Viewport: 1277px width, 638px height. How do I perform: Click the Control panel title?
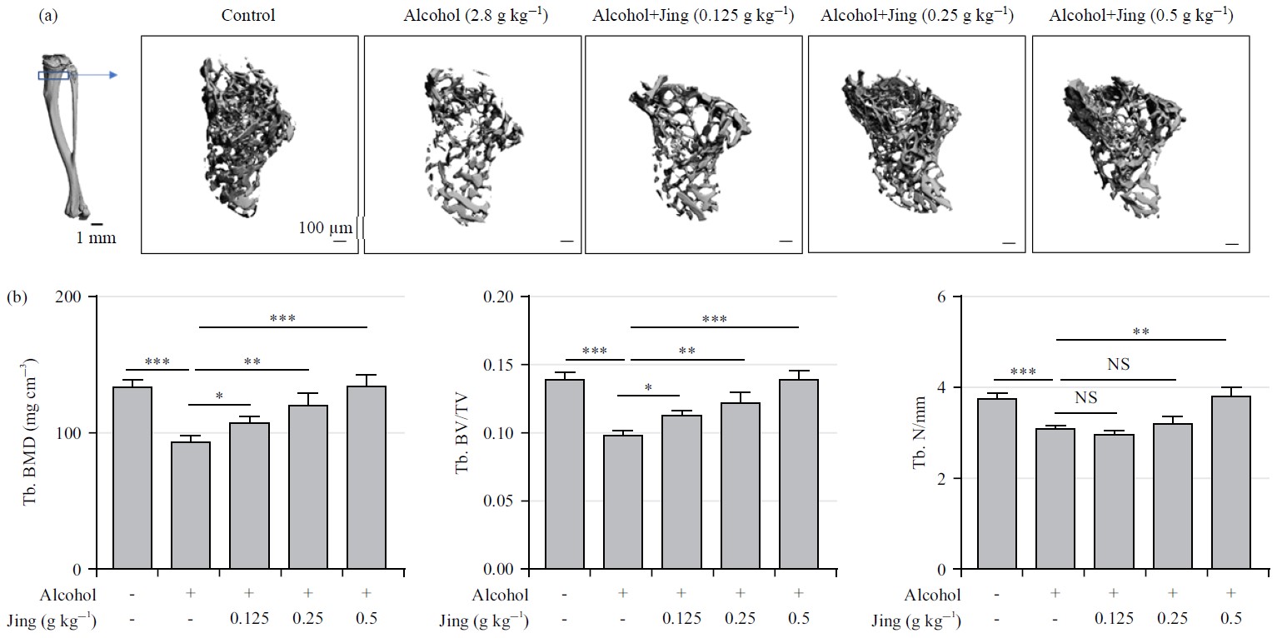pos(249,16)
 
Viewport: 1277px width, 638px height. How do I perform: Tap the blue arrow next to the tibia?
pos(96,75)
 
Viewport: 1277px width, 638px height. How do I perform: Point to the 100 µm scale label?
pos(326,227)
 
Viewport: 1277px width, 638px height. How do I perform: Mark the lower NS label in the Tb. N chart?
pos(1086,398)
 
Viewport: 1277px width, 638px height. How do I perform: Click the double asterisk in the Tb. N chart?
pos(1140,331)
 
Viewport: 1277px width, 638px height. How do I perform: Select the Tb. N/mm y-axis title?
pos(920,432)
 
